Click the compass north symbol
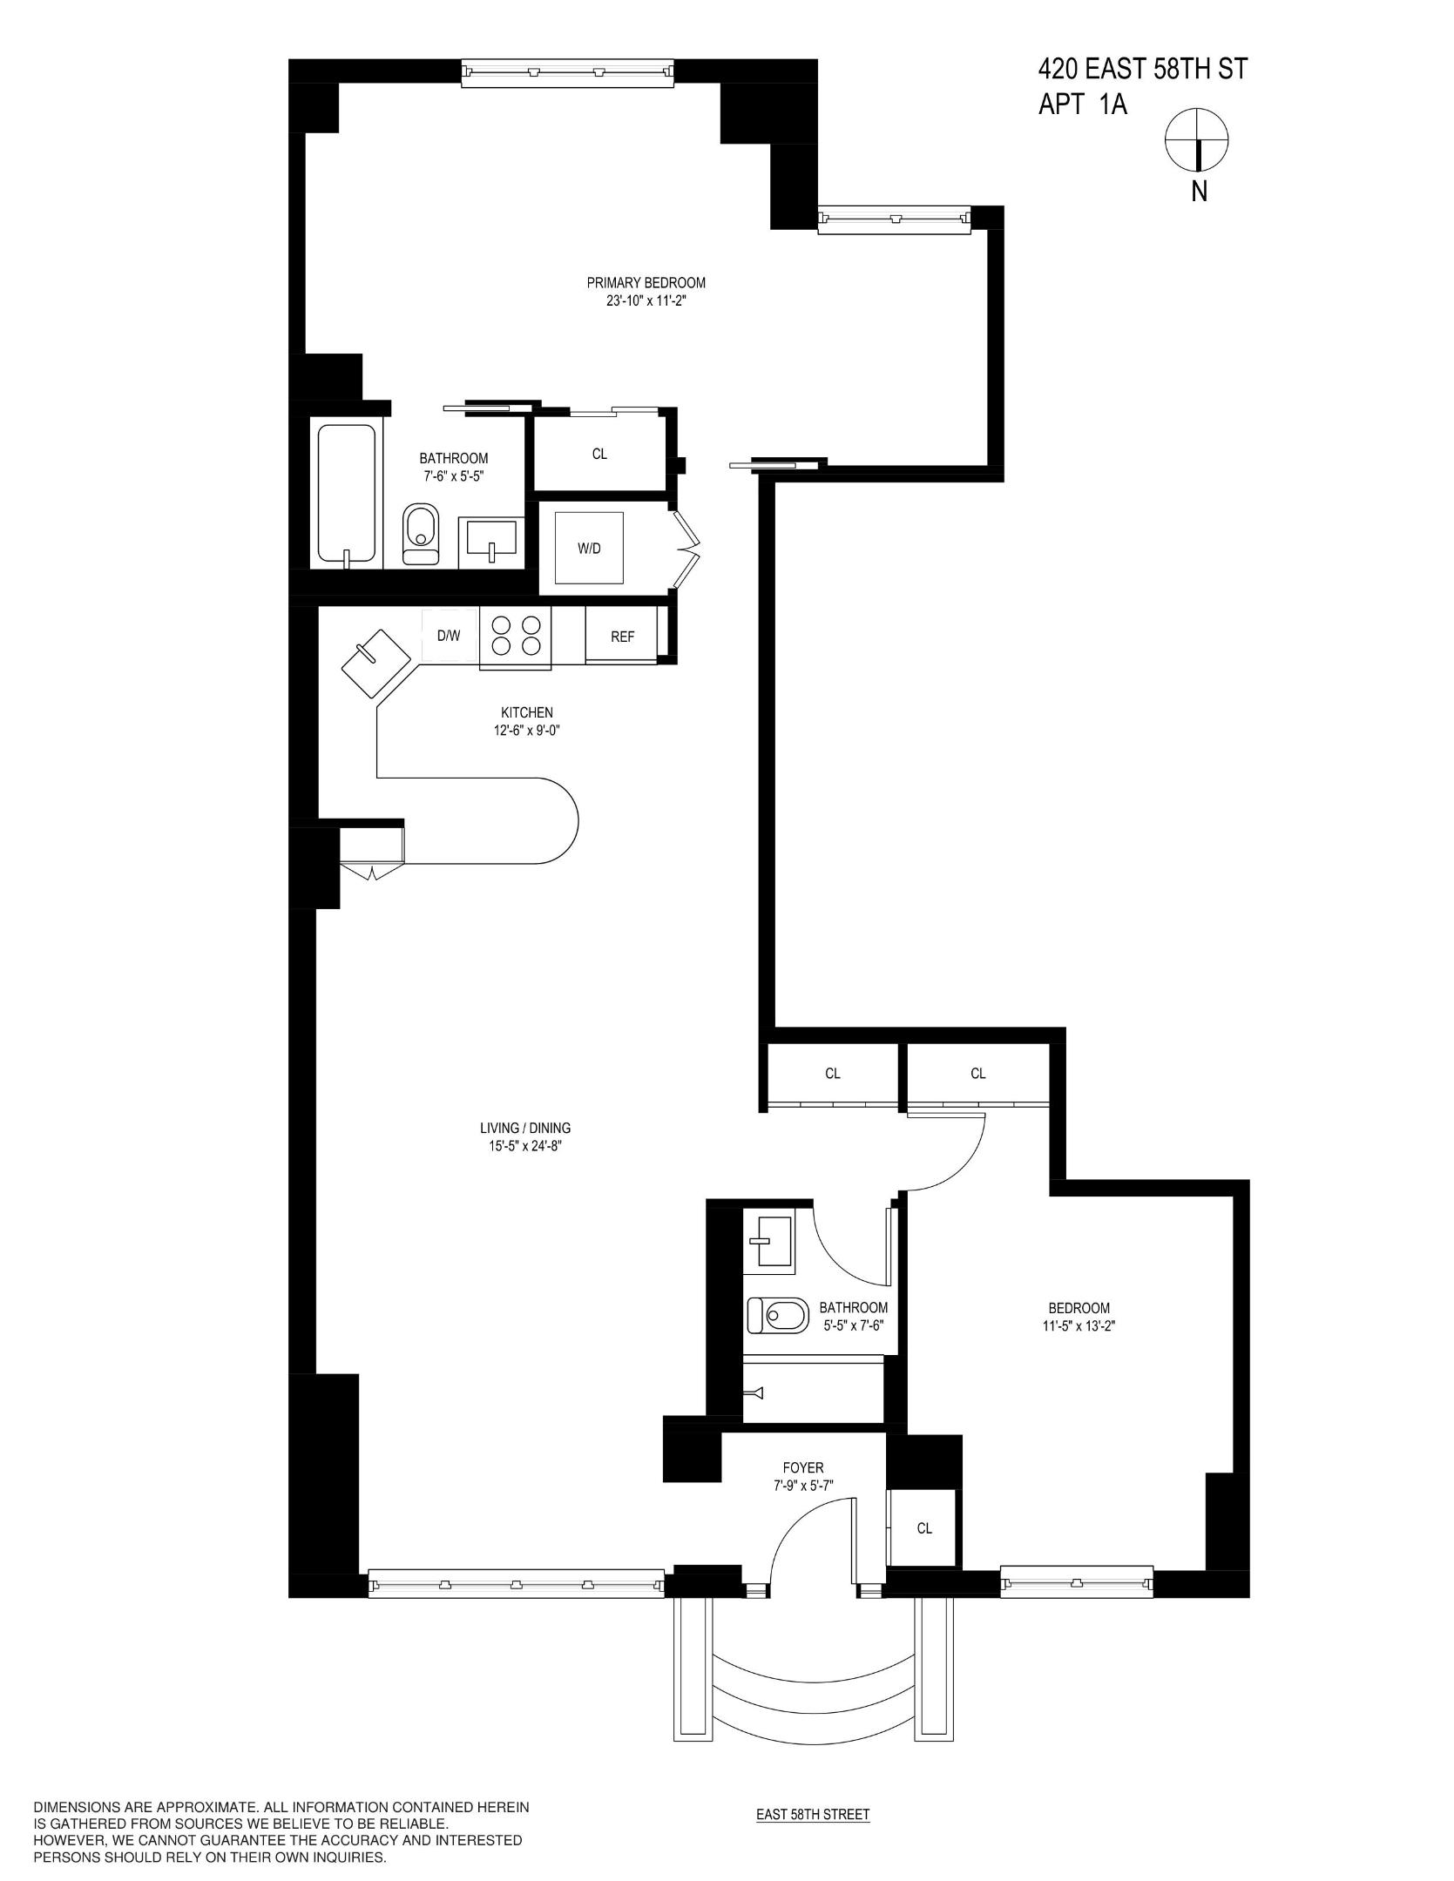click(x=1198, y=140)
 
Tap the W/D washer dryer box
click(x=590, y=549)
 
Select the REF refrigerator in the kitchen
click(x=622, y=637)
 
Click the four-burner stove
click(x=516, y=636)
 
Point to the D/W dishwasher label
click(x=449, y=636)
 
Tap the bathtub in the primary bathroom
click(x=347, y=494)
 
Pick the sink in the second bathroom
click(x=768, y=1241)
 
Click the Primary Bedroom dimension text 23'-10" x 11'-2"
click(x=646, y=301)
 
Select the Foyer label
click(x=802, y=1467)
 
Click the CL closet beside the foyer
click(x=924, y=1528)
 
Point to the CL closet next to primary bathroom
click(x=599, y=454)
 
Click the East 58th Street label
click(x=812, y=1815)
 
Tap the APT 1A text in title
click(x=1083, y=105)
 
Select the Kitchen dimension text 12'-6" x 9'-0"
click(x=526, y=731)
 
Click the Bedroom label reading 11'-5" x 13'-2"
click(x=1079, y=1326)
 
